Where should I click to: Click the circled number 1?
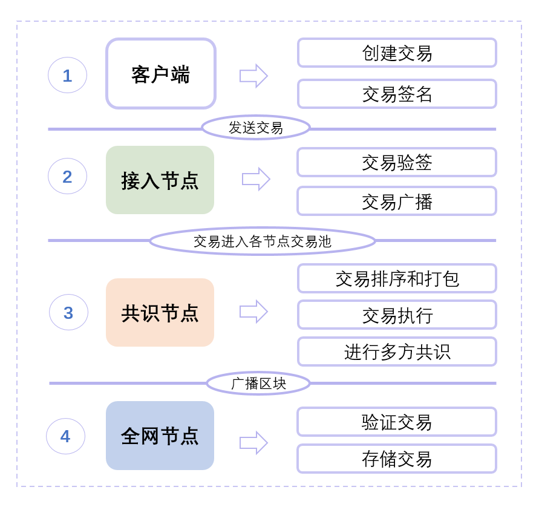coord(67,75)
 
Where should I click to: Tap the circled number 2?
coord(67,176)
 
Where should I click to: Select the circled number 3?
coord(68,312)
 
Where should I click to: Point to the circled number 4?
coord(65,436)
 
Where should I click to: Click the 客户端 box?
coord(161,74)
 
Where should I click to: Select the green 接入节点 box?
coord(160,180)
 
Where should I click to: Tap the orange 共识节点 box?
coord(160,313)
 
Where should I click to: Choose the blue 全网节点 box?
coord(160,436)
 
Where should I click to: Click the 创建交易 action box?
coord(397,53)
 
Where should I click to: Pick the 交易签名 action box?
coord(397,94)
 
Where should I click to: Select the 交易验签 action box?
coord(397,162)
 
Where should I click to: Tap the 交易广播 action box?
coord(397,201)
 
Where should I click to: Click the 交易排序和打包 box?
coord(397,278)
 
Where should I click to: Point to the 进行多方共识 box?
coord(397,351)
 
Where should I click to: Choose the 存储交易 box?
coord(397,459)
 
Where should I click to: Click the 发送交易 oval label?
coord(255,128)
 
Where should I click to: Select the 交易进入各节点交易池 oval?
coord(262,241)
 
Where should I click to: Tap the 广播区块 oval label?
coord(258,383)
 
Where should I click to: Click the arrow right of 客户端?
coord(253,76)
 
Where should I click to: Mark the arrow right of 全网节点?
coord(253,443)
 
